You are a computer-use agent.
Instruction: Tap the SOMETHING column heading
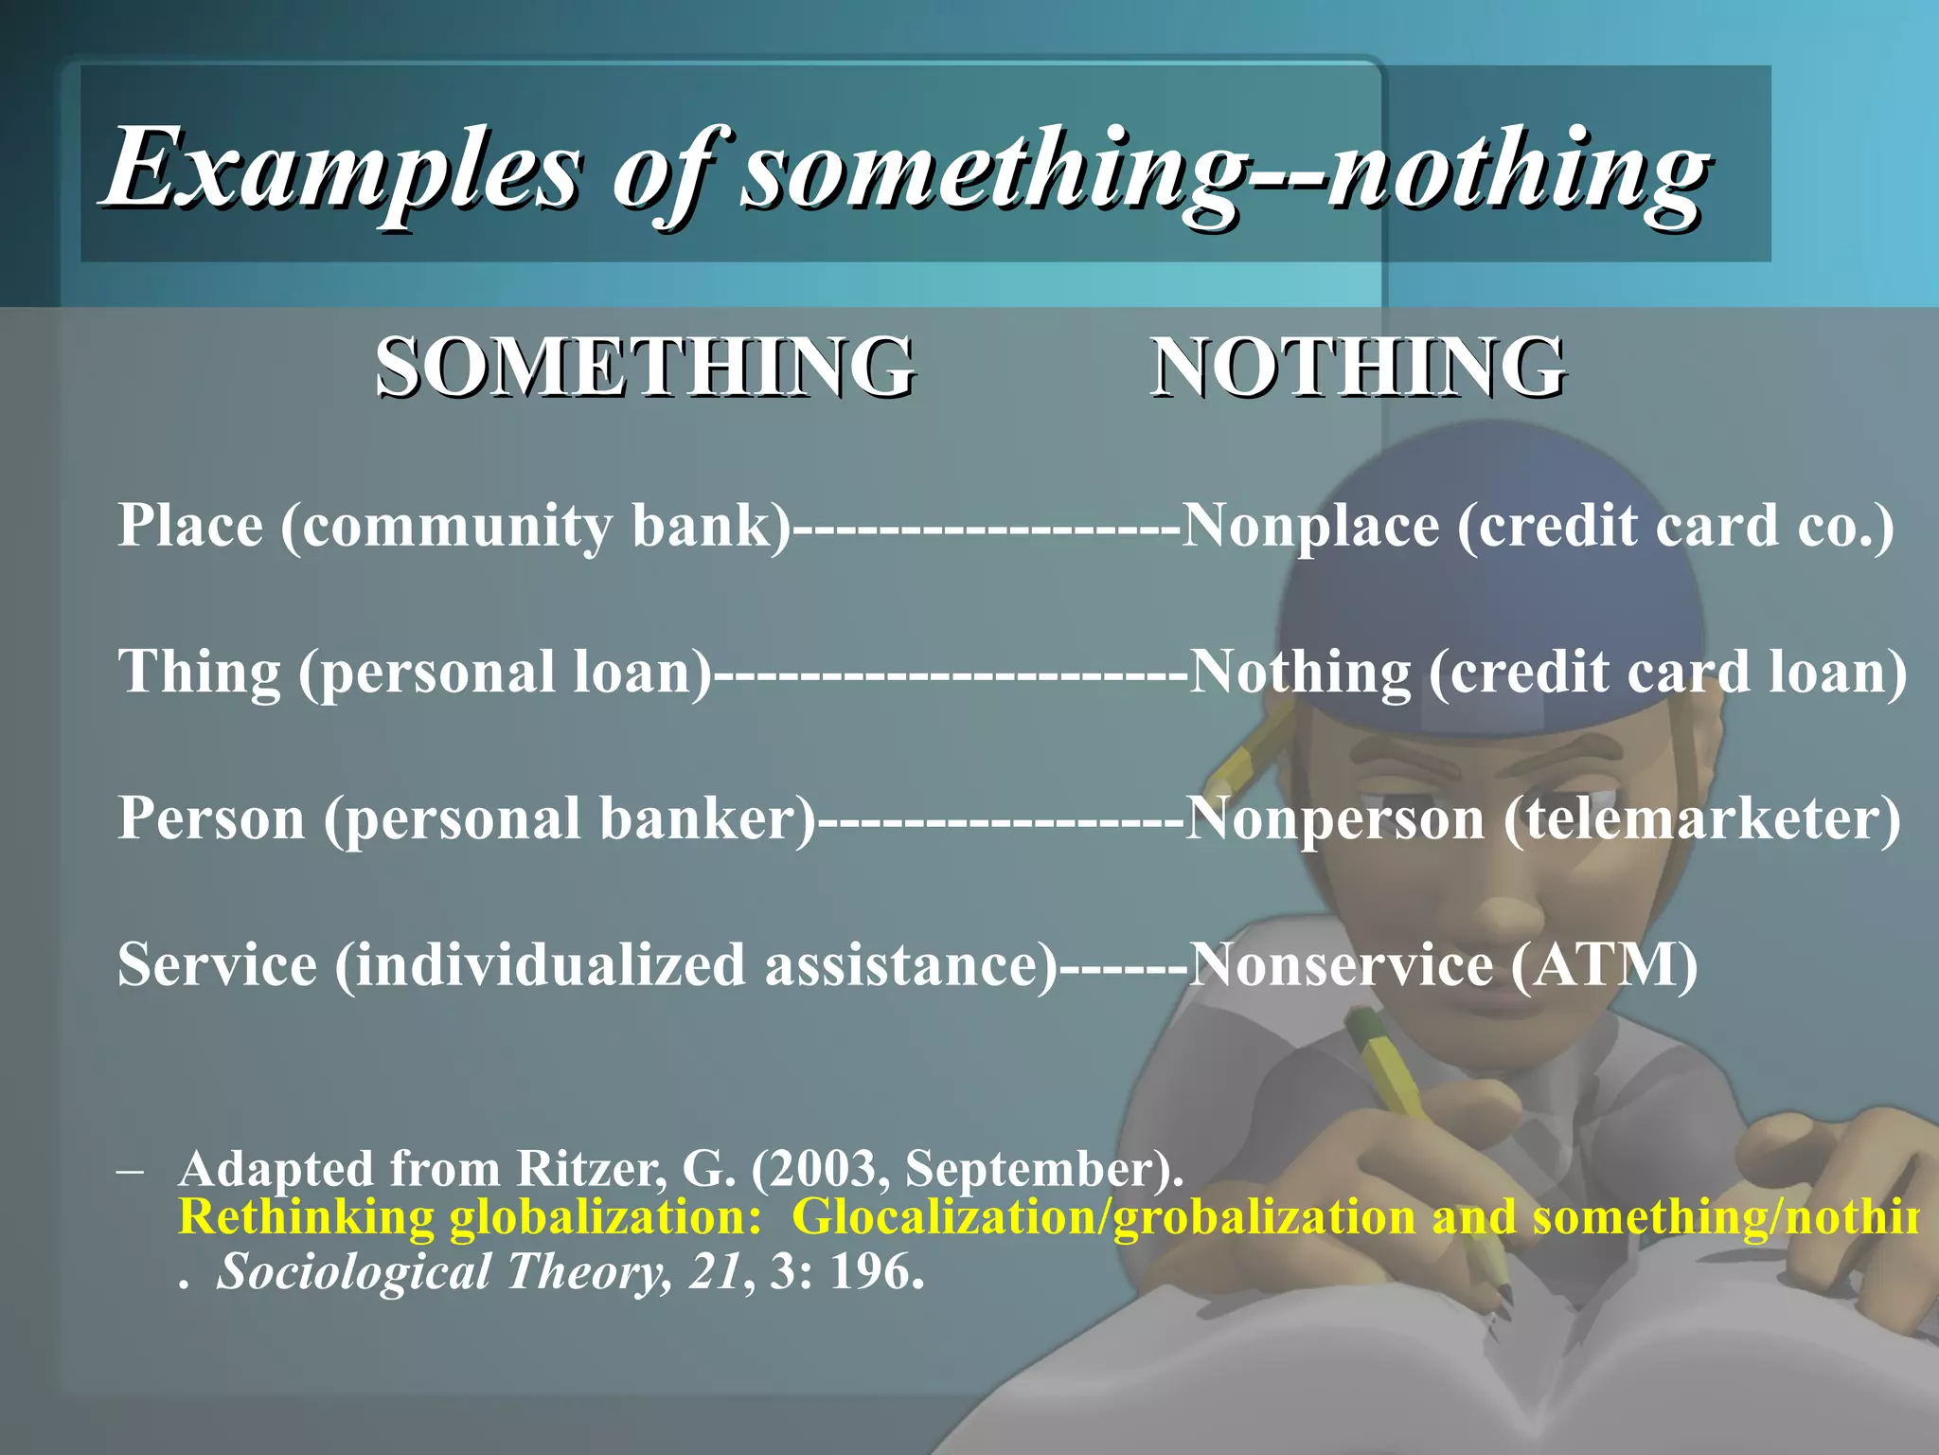(646, 368)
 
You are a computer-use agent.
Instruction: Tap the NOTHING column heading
(1358, 368)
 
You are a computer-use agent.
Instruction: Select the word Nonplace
(1311, 527)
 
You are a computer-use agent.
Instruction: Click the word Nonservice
(1340, 966)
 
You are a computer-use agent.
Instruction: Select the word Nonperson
(1335, 819)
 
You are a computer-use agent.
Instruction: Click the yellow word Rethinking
(305, 1218)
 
